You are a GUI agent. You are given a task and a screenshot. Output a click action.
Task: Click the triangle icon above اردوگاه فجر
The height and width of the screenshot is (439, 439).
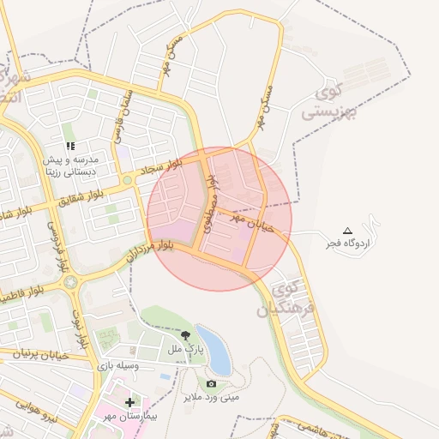[x=347, y=230]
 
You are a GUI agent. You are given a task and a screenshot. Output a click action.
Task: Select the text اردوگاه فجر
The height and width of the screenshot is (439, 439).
[x=348, y=244]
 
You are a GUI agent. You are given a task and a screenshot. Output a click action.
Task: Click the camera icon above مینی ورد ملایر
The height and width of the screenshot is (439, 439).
[x=212, y=383]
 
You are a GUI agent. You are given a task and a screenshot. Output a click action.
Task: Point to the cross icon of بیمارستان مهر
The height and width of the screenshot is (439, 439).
[x=129, y=401]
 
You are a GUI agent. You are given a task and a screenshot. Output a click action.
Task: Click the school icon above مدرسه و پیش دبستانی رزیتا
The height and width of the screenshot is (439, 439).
[x=70, y=146]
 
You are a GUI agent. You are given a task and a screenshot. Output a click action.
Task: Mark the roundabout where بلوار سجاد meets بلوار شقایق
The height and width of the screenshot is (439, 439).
[x=127, y=180]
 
